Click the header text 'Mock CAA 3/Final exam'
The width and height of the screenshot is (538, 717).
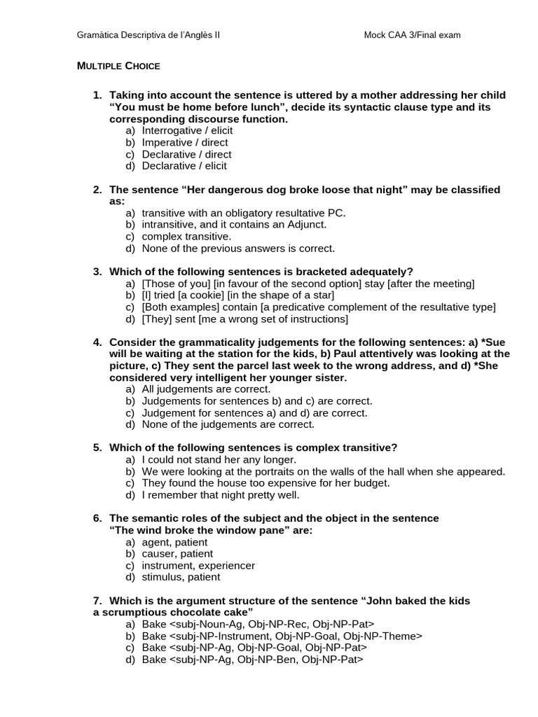click(412, 34)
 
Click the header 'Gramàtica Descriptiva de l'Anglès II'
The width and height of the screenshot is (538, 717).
click(148, 34)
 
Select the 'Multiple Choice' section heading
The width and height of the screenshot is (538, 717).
click(118, 66)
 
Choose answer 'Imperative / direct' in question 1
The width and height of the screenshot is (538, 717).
click(184, 142)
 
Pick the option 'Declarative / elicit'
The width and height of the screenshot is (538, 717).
click(184, 166)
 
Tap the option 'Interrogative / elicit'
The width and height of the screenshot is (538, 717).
click(187, 130)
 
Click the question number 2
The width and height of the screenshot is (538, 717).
click(97, 190)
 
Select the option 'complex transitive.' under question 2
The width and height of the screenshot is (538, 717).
click(186, 237)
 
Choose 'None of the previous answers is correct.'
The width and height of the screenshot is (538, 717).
click(238, 249)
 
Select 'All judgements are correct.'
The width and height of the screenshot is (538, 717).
click(206, 389)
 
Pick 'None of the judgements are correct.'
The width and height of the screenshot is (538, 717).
click(228, 424)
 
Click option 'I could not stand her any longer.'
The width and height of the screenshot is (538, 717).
click(219, 460)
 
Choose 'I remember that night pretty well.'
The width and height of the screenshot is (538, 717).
click(220, 495)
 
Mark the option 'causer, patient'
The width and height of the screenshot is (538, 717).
click(177, 554)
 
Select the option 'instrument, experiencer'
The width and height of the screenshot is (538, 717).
click(198, 566)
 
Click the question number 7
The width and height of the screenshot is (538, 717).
click(97, 601)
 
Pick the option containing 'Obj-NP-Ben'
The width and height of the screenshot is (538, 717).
click(252, 660)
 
